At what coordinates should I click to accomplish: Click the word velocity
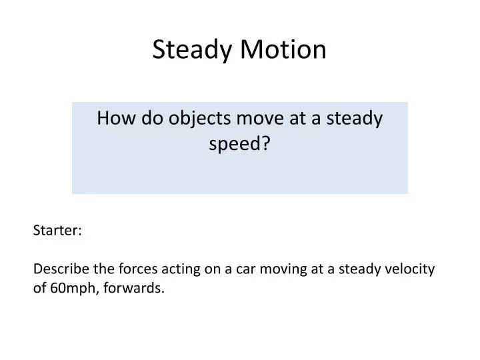point(408,269)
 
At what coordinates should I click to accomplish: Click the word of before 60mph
point(39,288)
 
